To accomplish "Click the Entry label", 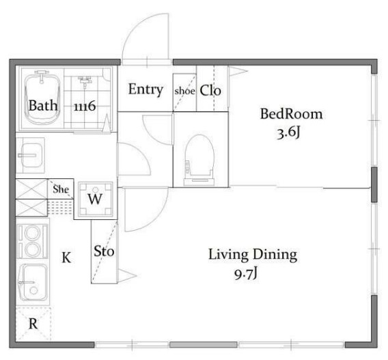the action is tap(145, 89).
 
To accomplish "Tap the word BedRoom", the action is tap(291, 114).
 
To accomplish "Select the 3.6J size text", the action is tap(288, 133).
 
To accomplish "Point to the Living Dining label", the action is tap(253, 255).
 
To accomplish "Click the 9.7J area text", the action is tap(246, 274).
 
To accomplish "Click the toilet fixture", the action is tap(199, 160).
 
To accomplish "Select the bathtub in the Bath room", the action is tap(42, 98).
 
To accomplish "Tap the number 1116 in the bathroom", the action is tap(85, 106).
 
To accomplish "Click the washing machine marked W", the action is tap(95, 199).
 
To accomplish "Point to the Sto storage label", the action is tap(104, 251).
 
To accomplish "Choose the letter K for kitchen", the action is tap(66, 258).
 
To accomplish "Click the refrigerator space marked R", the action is tap(33, 323).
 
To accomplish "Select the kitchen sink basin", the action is tap(33, 282).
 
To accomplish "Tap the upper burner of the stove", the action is tap(32, 233).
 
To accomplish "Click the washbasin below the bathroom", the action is tap(31, 155).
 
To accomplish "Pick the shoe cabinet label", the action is tap(184, 91).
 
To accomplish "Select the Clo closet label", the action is tap(210, 90).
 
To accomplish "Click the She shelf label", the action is tap(61, 189).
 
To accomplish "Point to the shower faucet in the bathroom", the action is tap(85, 81).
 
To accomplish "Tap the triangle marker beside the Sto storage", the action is tap(126, 275).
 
